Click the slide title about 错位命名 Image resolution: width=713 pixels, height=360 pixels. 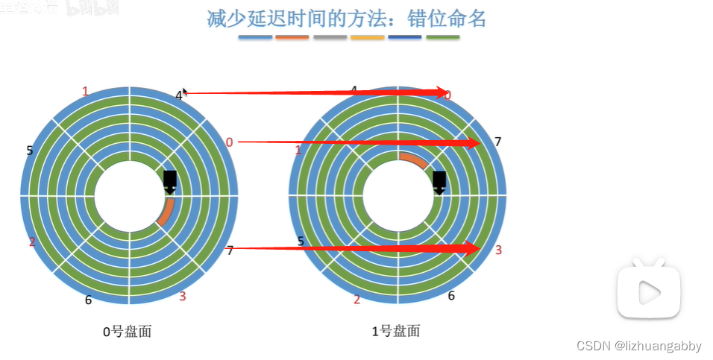coord(346,18)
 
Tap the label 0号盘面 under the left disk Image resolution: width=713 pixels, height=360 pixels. coord(128,331)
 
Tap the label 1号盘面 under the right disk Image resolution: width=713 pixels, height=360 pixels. coord(395,331)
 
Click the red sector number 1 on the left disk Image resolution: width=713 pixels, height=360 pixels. coord(85,92)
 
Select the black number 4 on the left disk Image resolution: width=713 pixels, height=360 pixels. coord(179,95)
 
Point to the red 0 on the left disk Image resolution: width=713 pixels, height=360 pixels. coord(229,142)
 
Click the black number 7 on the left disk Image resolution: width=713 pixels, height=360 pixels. coord(230,250)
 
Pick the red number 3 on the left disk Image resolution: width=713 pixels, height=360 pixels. coord(183,297)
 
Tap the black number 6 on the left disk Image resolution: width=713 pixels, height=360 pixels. coord(88,300)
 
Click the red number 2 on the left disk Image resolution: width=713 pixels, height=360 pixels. coord(32,241)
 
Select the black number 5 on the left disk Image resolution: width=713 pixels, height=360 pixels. coord(30,151)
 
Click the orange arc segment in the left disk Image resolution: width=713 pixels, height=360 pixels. coord(166,212)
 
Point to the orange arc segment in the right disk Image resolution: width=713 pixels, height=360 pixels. coord(413,160)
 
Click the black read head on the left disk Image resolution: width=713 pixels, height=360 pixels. coord(170,180)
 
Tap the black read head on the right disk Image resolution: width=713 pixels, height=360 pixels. coord(439,181)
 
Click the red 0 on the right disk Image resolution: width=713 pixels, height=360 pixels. coord(447,95)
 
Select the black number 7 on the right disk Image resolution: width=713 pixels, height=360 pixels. coord(498,142)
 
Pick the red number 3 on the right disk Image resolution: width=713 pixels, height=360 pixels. coord(498,250)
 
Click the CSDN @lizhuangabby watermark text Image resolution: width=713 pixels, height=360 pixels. coord(639,346)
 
